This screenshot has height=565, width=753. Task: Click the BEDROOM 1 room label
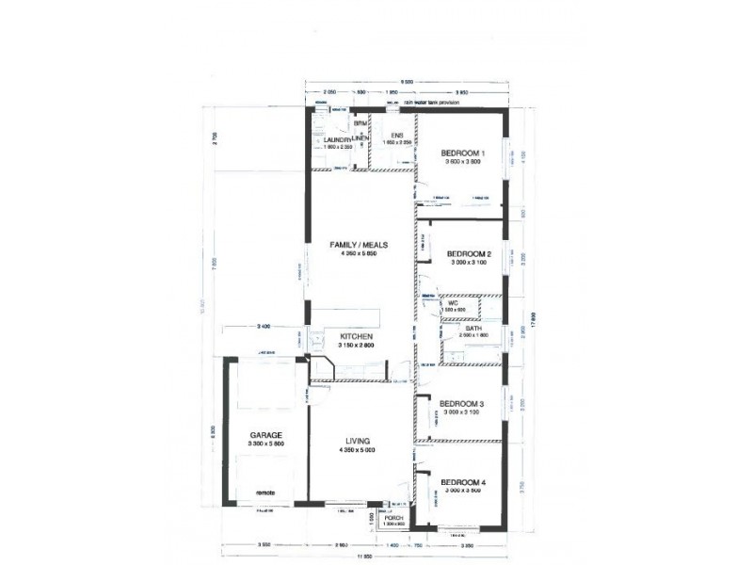[x=463, y=153]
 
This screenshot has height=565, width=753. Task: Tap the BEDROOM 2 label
[x=469, y=253]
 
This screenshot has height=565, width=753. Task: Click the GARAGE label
[x=266, y=434]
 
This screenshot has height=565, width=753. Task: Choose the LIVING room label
[x=358, y=440]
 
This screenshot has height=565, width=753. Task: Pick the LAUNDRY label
[x=336, y=139]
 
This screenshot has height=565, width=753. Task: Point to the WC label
[x=452, y=303]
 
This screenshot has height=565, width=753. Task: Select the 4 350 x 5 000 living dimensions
[x=358, y=449]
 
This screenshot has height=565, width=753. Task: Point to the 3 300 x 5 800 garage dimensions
[x=266, y=444]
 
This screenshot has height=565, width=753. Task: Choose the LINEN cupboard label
[x=360, y=140]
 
